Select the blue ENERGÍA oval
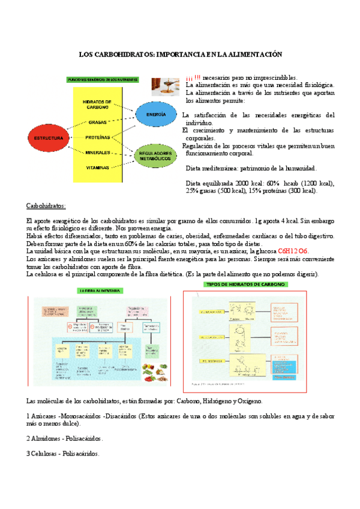pos(156,114)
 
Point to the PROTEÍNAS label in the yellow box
pos(98,137)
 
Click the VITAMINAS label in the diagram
pos(98,167)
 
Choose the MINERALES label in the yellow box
pos(98,152)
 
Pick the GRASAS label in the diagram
pos(98,122)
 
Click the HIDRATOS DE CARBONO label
pos(98,104)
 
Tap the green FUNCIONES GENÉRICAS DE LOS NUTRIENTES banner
pos(103,79)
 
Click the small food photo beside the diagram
pos(166,86)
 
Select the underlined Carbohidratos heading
pos(47,205)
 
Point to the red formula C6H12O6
pos(293,251)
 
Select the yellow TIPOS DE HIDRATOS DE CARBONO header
pos(245,285)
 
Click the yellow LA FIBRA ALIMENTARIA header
pos(100,291)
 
